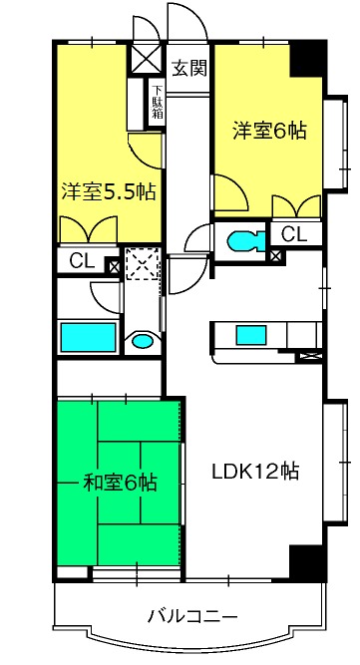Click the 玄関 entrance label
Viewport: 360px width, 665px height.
188,69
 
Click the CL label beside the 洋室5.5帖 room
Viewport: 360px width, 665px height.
82,264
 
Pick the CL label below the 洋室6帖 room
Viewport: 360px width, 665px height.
293,235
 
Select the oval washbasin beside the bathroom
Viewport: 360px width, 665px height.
143,342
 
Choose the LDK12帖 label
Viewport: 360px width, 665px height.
256,470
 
